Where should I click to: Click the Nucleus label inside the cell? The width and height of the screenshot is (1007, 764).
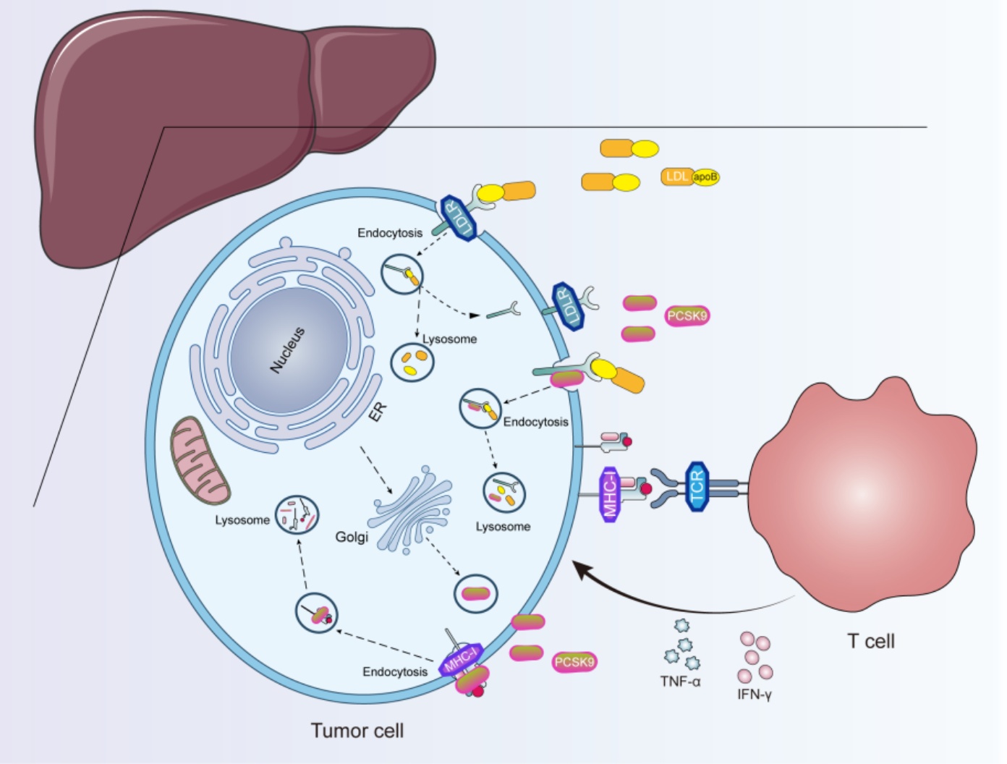click(x=287, y=350)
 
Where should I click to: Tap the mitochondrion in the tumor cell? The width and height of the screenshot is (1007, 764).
click(x=200, y=460)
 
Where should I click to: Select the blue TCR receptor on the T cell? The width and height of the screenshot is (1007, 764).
click(x=697, y=486)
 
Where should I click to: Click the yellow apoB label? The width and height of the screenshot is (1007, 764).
click(x=705, y=177)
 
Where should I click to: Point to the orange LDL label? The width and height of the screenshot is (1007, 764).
click(x=676, y=177)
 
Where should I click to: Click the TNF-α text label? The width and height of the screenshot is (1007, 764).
click(x=680, y=681)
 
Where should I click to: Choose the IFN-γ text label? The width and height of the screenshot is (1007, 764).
click(x=754, y=695)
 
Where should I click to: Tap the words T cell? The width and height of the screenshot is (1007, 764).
click(x=870, y=641)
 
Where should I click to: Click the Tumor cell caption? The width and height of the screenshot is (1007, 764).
click(x=357, y=731)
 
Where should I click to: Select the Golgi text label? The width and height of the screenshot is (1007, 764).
click(x=352, y=537)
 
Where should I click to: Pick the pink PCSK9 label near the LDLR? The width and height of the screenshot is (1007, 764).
click(x=687, y=315)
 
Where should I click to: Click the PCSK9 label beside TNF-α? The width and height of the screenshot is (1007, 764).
click(x=574, y=661)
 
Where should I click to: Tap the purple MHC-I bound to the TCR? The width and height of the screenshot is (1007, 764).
click(x=611, y=493)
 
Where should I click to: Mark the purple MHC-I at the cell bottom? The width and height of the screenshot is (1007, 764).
click(x=461, y=658)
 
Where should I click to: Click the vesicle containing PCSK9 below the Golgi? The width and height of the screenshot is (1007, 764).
click(x=475, y=593)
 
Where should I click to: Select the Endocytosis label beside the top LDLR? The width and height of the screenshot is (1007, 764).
click(x=390, y=233)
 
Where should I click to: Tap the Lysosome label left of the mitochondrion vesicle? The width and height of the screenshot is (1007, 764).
click(x=242, y=519)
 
